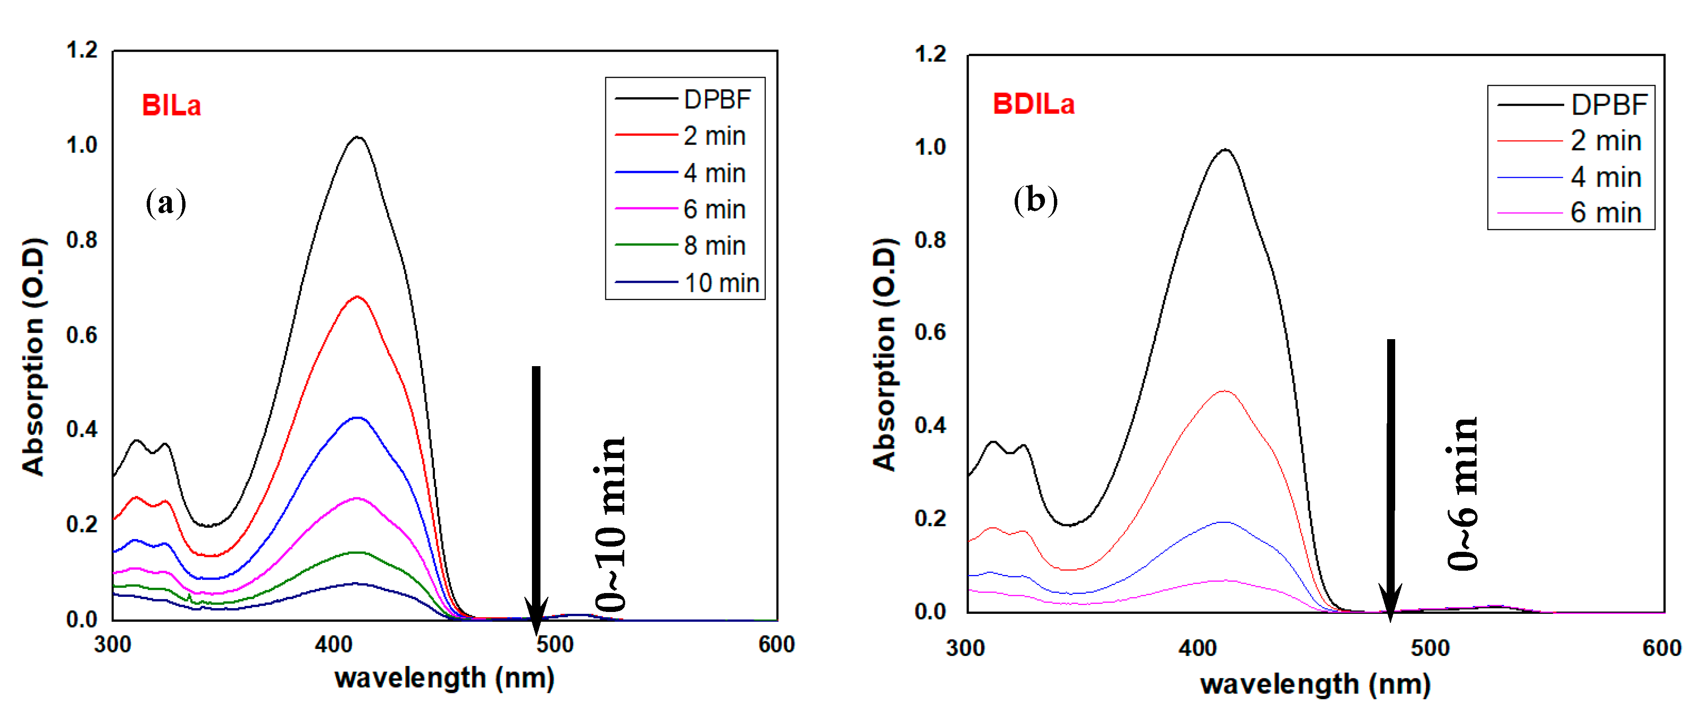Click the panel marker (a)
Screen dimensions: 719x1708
point(166,202)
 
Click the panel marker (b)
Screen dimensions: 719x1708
point(1035,200)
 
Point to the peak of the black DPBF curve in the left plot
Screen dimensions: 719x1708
point(358,137)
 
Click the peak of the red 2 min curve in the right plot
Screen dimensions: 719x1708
point(1224,391)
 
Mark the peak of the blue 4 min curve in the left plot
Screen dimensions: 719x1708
point(358,417)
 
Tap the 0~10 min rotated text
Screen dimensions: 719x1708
point(610,524)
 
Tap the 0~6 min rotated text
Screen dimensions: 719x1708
point(1462,494)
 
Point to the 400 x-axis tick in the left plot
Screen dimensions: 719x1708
point(334,645)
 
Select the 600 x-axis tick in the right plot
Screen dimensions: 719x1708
point(1662,648)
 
